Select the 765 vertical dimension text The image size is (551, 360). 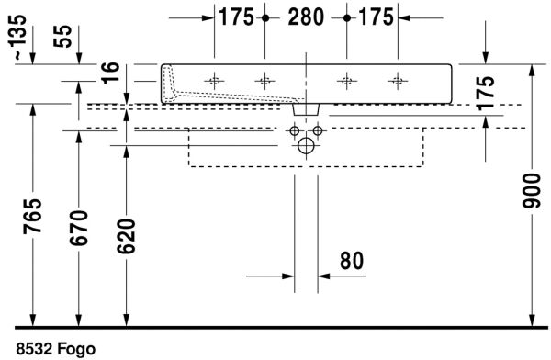pyautogui.click(x=33, y=218)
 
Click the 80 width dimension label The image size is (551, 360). pyautogui.click(x=352, y=261)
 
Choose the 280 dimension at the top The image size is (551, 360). pyautogui.click(x=305, y=17)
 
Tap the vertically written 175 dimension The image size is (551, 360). pyautogui.click(x=486, y=94)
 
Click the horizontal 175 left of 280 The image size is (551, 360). pyautogui.click(x=236, y=17)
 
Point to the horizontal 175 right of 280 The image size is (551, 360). pyautogui.click(x=376, y=17)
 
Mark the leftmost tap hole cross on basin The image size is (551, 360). pyautogui.click(x=214, y=80)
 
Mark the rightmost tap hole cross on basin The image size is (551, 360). pyautogui.click(x=396, y=80)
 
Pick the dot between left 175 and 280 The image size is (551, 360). pyautogui.click(x=265, y=17)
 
